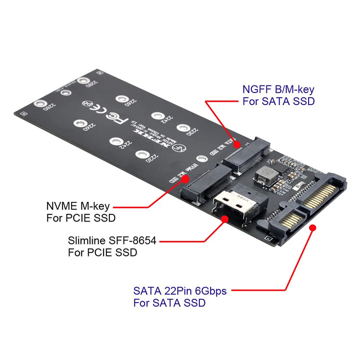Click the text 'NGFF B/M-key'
click(x=278, y=90)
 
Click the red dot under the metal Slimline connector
click(x=225, y=219)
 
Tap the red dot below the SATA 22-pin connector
click(x=313, y=227)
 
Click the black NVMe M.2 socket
click(x=205, y=185)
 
